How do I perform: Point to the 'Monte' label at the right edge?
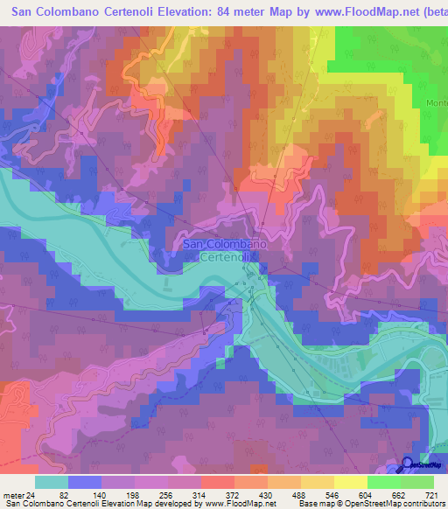point(437,102)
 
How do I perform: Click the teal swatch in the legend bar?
point(52,482)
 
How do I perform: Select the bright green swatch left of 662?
point(384,482)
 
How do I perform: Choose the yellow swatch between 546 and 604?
point(351,482)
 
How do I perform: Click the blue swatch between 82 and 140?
point(85,482)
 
